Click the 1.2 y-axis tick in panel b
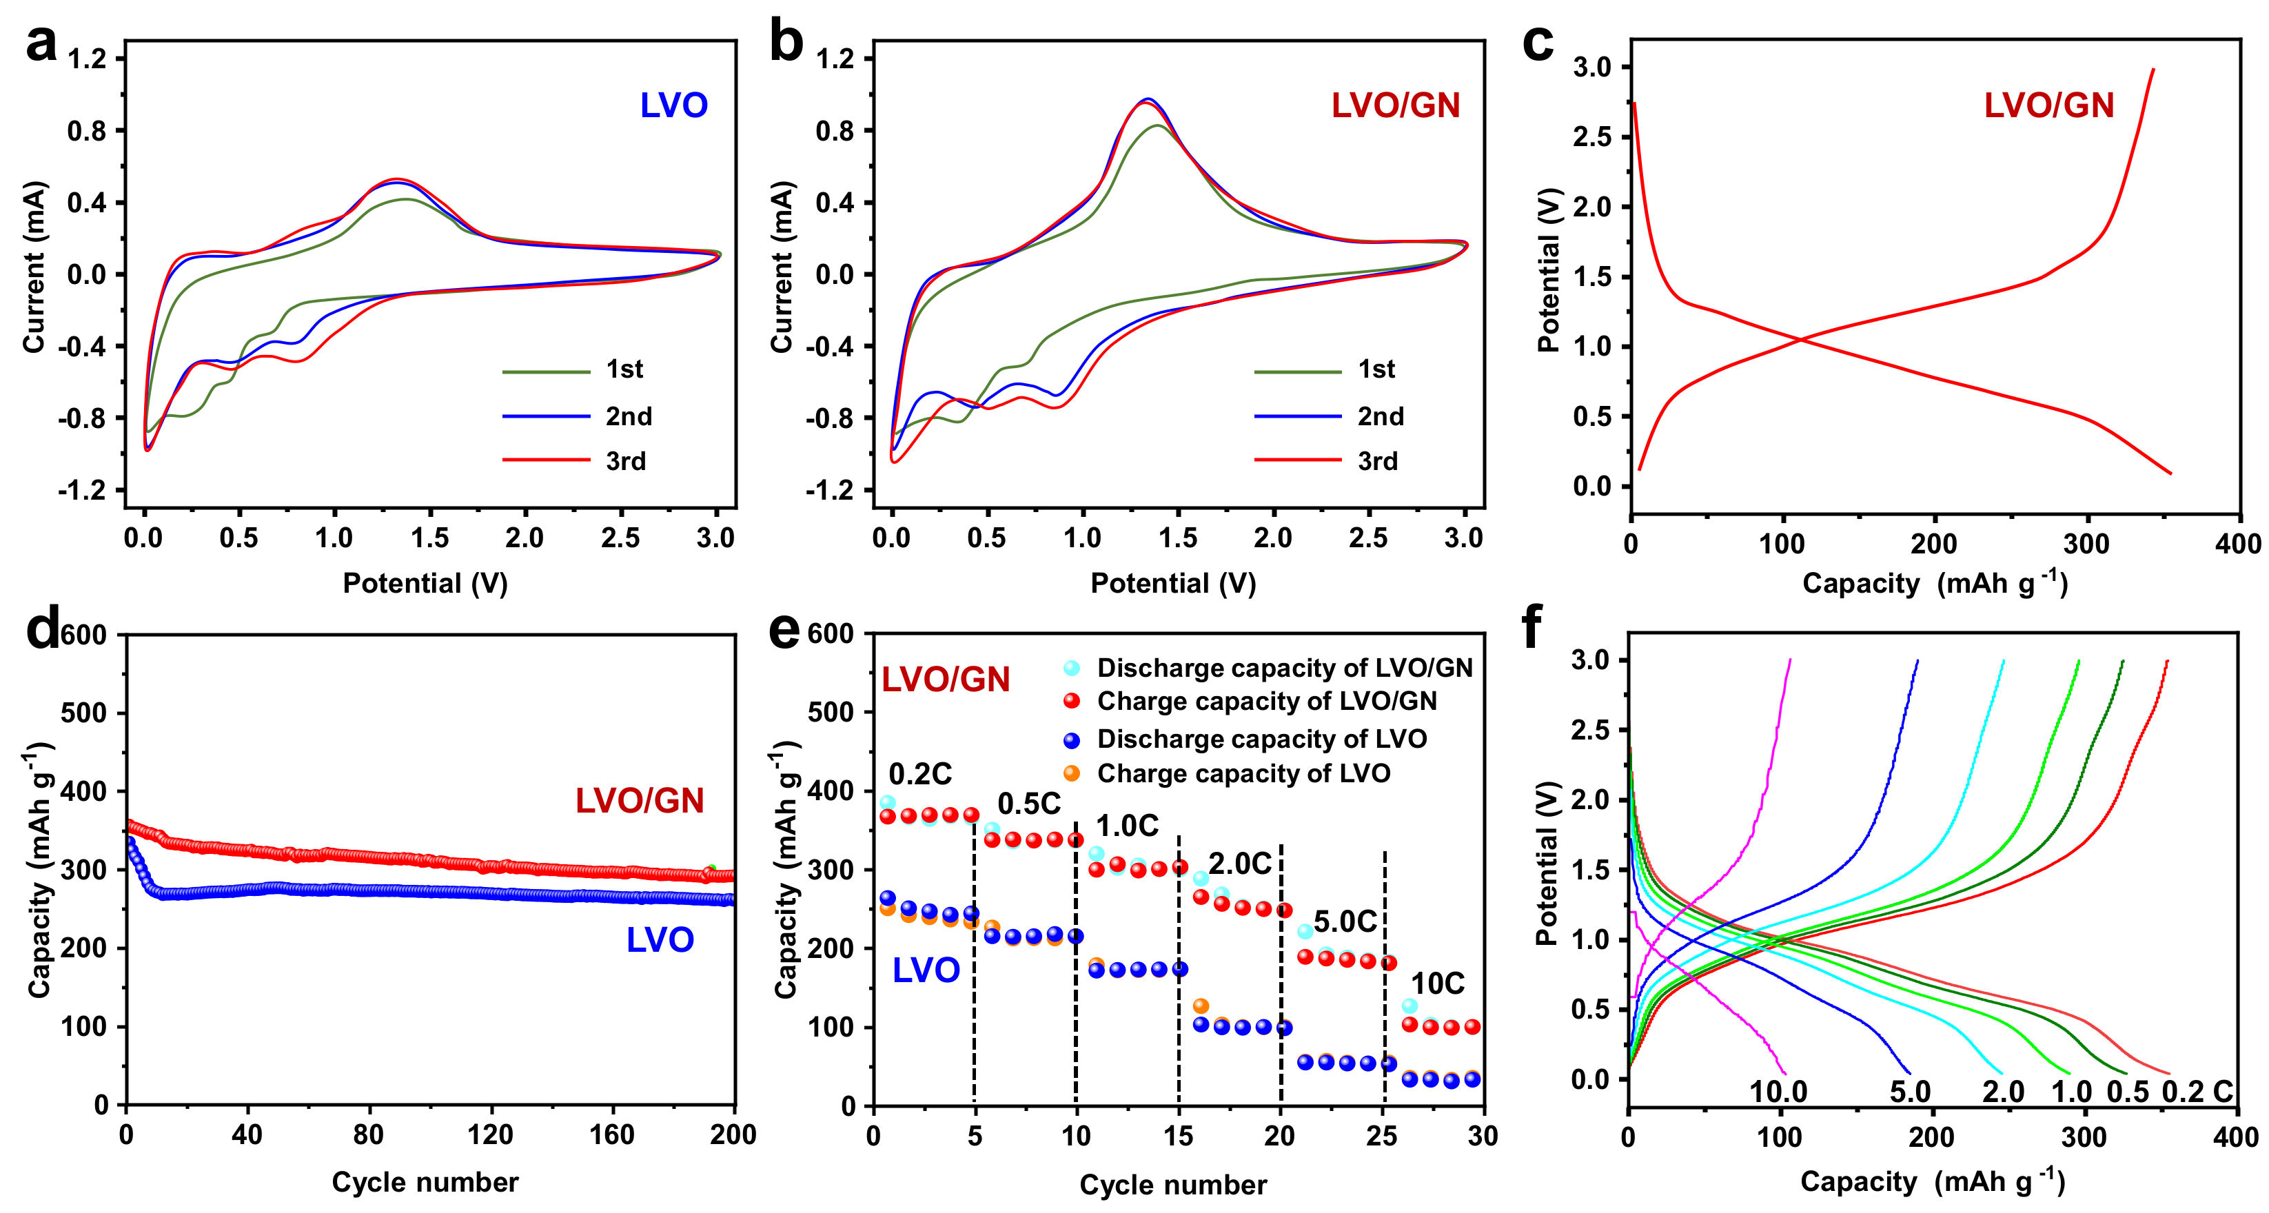[834, 59]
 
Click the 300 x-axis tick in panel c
[2086, 544]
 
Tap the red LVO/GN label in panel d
[640, 801]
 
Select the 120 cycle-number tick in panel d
[490, 1134]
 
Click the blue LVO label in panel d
[660, 940]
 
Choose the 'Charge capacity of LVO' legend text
[1243, 773]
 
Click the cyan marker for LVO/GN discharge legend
[1071, 668]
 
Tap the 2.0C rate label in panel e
[1239, 864]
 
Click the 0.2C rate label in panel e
[919, 774]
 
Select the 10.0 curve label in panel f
[1778, 1092]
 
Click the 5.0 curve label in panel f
[1910, 1092]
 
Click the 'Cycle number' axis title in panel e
[1172, 1185]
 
